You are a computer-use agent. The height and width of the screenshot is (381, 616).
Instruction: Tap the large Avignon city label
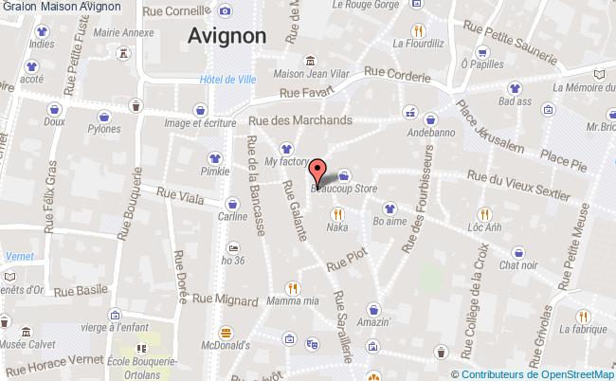click(x=226, y=35)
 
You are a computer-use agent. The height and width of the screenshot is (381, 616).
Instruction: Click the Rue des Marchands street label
click(x=299, y=120)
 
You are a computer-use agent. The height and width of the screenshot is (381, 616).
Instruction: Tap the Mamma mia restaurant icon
click(x=293, y=288)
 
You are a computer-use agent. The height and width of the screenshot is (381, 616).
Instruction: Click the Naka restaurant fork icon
click(x=336, y=214)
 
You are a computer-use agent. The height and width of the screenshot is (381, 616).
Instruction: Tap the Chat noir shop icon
click(x=519, y=252)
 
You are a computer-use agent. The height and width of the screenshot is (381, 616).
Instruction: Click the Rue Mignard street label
click(x=226, y=299)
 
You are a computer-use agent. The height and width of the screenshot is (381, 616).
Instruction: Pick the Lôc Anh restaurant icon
click(x=484, y=214)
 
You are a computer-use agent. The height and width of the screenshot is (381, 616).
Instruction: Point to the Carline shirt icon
click(x=233, y=202)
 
